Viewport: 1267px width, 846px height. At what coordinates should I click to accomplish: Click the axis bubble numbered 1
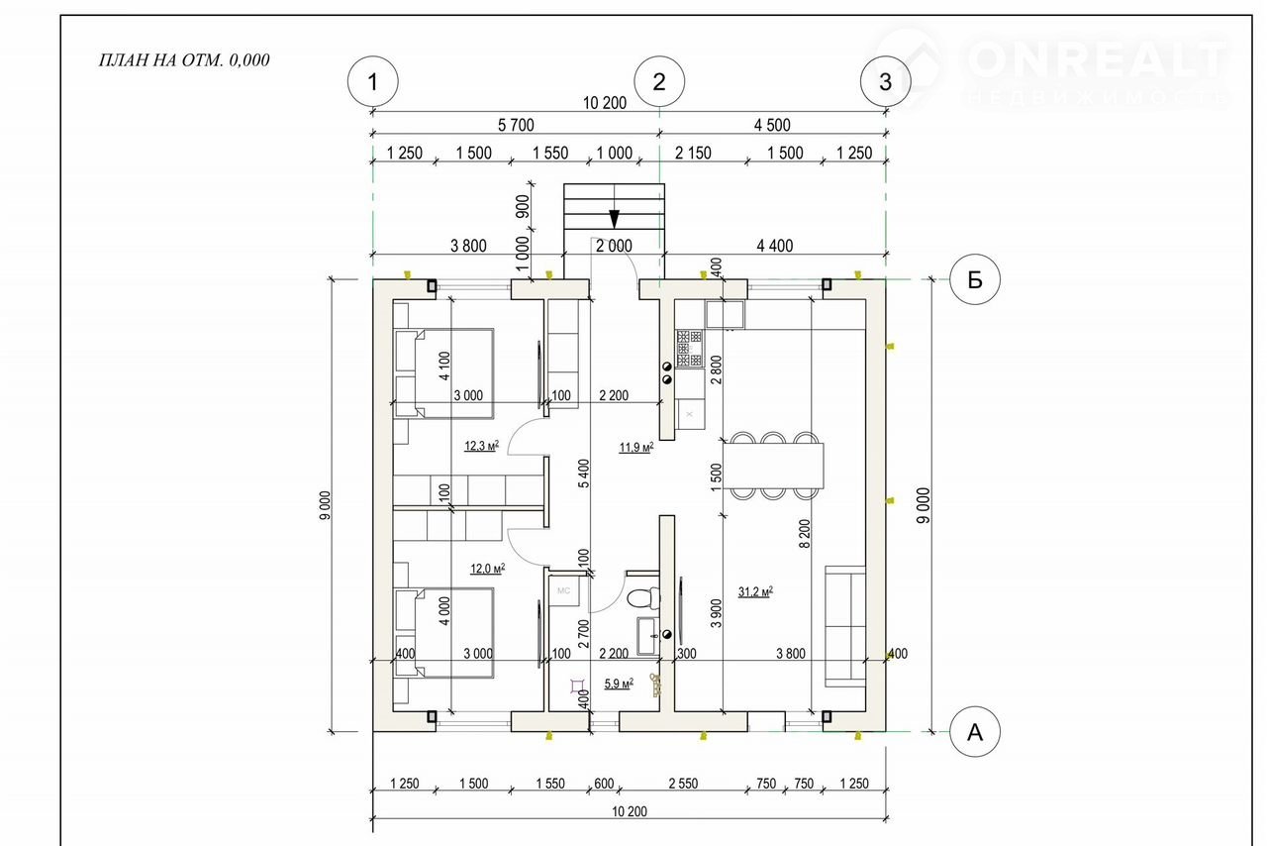[372, 82]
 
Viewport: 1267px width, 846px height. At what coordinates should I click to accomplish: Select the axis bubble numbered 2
[659, 82]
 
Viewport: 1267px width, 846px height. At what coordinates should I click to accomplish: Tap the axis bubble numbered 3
[886, 82]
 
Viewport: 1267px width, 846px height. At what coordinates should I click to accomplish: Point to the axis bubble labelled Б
[975, 279]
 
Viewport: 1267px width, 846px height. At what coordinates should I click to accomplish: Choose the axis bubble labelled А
[975, 732]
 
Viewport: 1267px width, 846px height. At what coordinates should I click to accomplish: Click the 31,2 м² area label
[755, 591]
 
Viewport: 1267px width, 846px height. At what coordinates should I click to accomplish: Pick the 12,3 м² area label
[481, 446]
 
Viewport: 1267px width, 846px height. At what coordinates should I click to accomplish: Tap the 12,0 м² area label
[487, 569]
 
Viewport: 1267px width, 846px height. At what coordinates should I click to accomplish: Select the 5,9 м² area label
[620, 683]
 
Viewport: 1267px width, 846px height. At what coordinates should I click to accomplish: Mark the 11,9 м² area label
[635, 448]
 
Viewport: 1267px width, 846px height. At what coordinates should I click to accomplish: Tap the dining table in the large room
[773, 465]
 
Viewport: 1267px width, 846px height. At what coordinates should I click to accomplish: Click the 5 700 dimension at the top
[516, 125]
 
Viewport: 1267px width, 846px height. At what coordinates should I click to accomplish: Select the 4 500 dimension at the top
[772, 125]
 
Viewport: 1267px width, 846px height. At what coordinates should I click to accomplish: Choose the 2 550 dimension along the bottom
[682, 784]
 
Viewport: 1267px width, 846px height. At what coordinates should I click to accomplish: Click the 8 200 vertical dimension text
[805, 536]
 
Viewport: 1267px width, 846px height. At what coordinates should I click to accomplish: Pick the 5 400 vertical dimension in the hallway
[583, 474]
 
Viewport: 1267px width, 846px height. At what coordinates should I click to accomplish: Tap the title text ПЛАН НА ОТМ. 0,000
[184, 59]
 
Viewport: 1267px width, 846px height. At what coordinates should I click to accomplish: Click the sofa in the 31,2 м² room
[845, 625]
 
